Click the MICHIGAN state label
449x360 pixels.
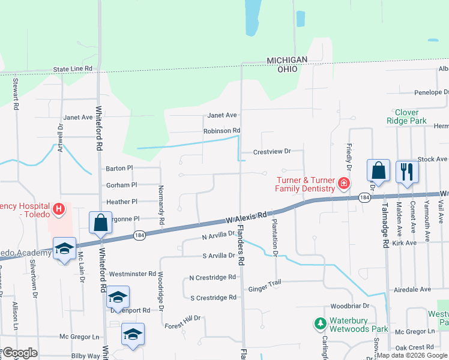(287, 60)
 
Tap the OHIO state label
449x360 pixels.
(287, 69)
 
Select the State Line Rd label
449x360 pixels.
(73, 69)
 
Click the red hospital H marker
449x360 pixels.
(59, 209)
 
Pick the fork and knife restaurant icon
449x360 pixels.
(407, 172)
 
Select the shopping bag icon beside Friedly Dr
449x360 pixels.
(379, 170)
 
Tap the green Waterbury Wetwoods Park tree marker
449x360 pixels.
(321, 324)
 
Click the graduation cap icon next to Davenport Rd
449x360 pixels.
(118, 298)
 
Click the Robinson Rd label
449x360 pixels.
(221, 130)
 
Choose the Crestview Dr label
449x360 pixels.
(272, 152)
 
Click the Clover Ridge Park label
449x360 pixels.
(411, 116)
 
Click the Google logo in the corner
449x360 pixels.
(19, 353)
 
